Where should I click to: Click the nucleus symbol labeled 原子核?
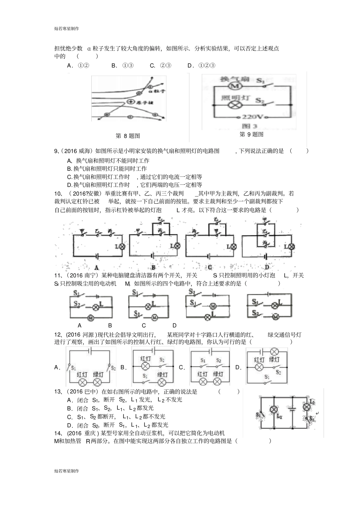(x=131, y=102)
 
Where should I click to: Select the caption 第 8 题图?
(x=128, y=136)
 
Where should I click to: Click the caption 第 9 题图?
(x=252, y=134)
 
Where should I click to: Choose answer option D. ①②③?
(x=202, y=65)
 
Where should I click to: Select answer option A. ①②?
(x=78, y=65)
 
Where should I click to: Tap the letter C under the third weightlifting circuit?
(x=210, y=267)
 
